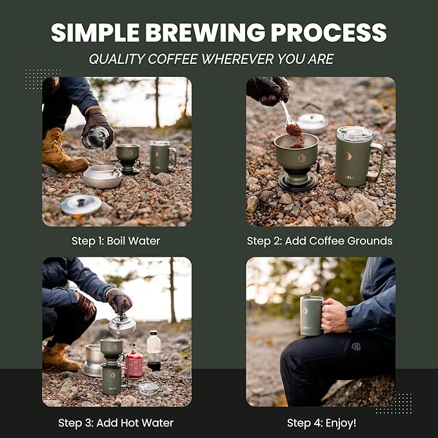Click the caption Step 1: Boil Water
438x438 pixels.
(x=116, y=241)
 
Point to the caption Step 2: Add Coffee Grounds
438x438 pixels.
(x=319, y=241)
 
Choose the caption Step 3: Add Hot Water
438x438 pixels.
(x=116, y=423)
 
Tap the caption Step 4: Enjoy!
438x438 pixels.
(x=321, y=423)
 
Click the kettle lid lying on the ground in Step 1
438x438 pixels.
(x=81, y=204)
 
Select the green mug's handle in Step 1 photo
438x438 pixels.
(x=172, y=157)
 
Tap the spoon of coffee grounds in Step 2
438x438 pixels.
(x=292, y=125)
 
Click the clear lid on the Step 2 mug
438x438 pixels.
(x=354, y=134)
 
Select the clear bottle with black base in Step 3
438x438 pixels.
(x=154, y=351)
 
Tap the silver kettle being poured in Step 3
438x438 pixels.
(x=122, y=325)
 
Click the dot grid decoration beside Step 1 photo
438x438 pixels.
(x=43, y=79)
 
